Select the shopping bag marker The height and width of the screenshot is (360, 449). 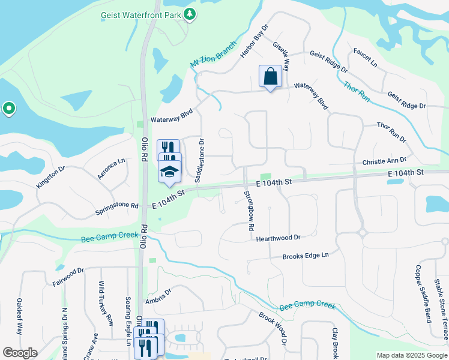(x=270, y=77)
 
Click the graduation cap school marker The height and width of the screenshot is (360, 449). (x=170, y=172)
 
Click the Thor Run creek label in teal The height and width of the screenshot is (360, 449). (x=356, y=91)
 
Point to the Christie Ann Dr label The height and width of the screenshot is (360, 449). (x=384, y=161)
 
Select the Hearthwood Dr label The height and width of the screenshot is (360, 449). (x=278, y=238)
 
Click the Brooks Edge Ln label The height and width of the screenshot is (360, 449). (x=306, y=256)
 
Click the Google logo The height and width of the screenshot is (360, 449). (x=20, y=353)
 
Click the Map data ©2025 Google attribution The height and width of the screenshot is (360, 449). (x=411, y=355)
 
